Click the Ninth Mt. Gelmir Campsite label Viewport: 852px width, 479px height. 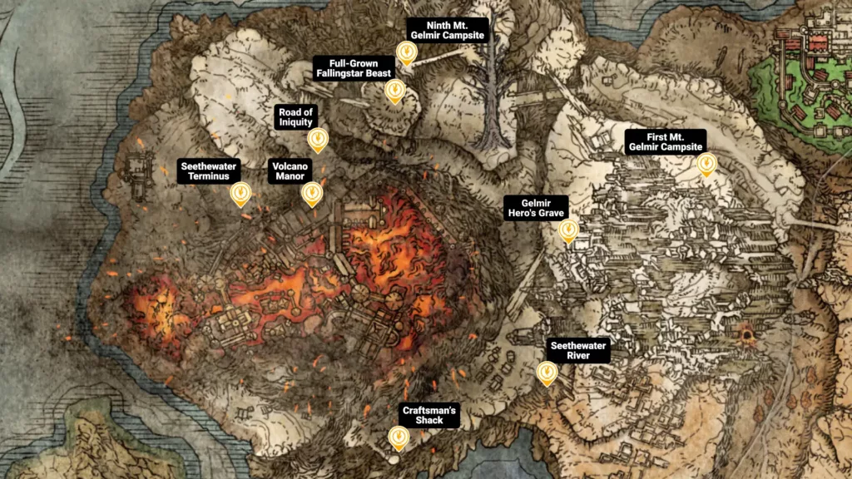(x=447, y=29)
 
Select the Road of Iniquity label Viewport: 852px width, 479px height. (x=295, y=117)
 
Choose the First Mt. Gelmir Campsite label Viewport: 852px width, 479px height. (x=666, y=141)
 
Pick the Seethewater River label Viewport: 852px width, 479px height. (x=577, y=350)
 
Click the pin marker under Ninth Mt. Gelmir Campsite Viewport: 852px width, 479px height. (x=406, y=52)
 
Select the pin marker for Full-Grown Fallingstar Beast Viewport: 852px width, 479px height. (x=395, y=91)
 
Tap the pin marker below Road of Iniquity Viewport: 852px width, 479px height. (x=317, y=140)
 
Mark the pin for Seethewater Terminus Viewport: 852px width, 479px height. (x=240, y=194)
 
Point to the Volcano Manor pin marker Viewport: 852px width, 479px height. (x=312, y=194)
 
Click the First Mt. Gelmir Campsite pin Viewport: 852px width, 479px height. (x=706, y=164)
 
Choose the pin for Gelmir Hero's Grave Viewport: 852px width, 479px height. (x=569, y=230)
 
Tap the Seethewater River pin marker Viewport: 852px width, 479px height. (x=547, y=373)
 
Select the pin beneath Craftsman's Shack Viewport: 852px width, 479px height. (x=399, y=437)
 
